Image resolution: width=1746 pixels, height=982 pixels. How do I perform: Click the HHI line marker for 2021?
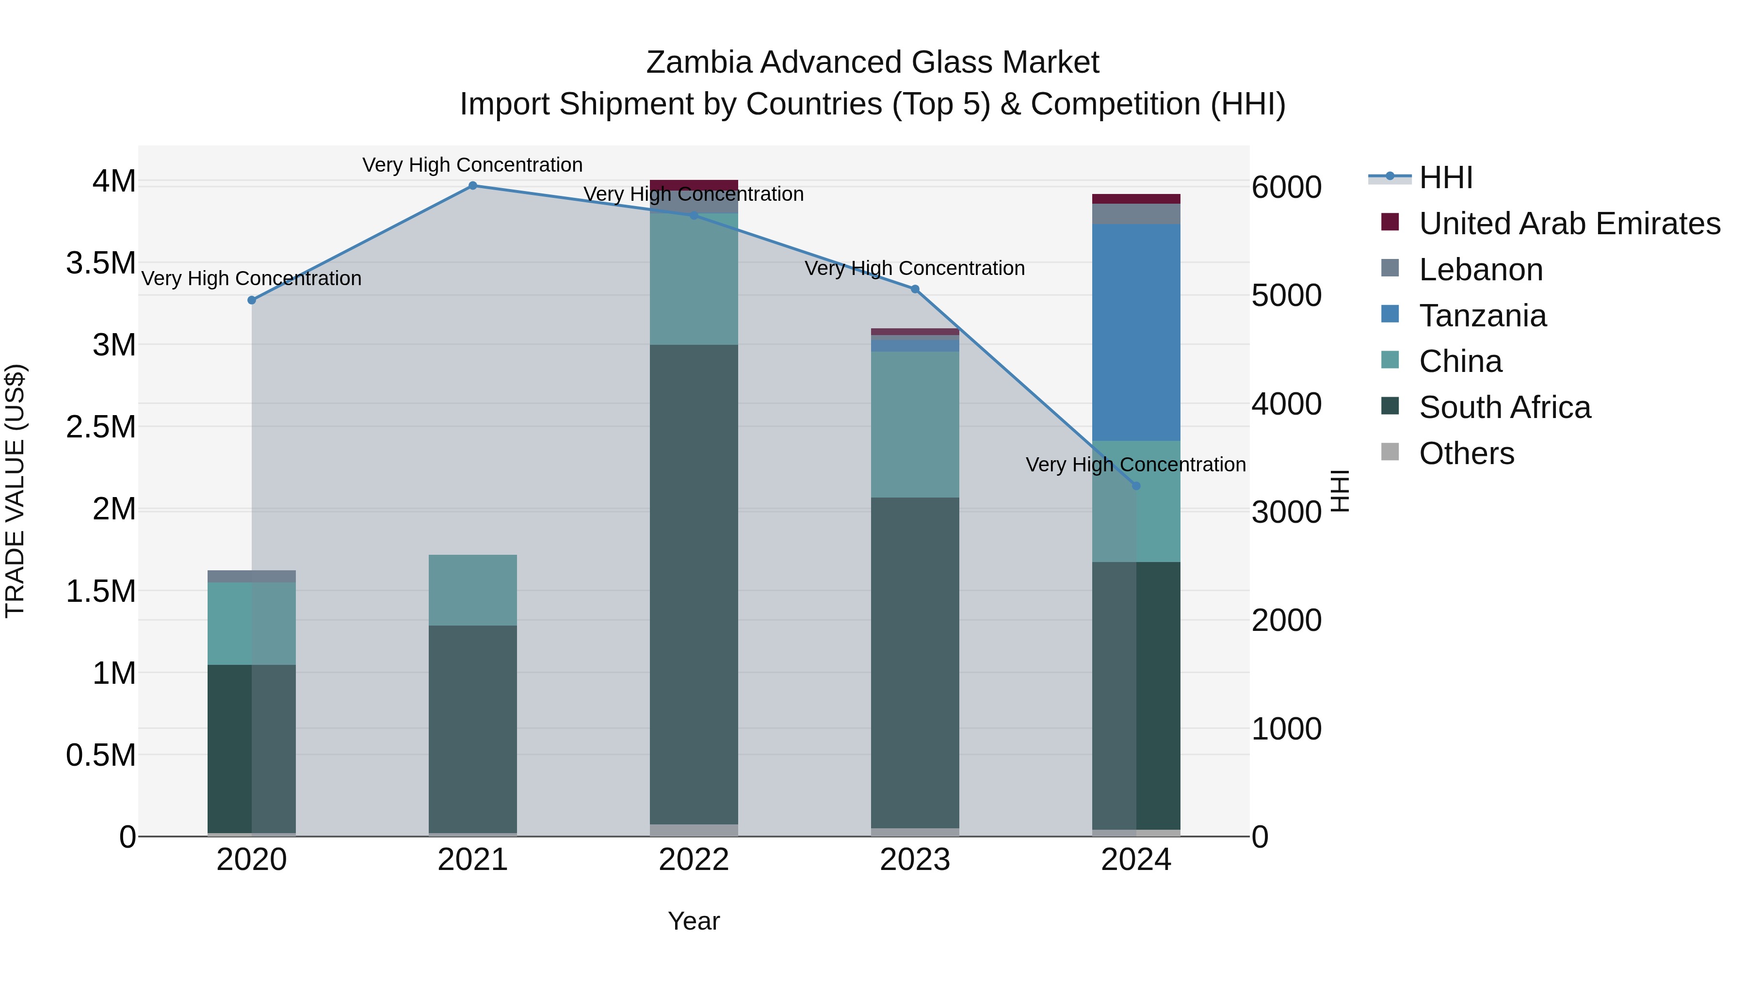[472, 185]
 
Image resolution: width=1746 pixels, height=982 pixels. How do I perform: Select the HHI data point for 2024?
[1136, 486]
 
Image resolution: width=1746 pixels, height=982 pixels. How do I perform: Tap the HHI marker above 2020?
[251, 300]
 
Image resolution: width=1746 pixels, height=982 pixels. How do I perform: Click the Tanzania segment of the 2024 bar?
[1136, 332]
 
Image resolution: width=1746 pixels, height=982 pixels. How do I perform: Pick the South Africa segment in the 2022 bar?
[694, 583]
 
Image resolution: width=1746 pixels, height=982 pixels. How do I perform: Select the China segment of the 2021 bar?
[472, 590]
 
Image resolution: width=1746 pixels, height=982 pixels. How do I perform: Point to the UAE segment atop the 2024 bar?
[1136, 198]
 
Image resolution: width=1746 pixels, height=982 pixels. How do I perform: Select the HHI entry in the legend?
[1445, 177]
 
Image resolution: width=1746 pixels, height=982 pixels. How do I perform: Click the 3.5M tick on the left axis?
[100, 263]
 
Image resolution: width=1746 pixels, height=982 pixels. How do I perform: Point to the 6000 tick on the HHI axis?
[1286, 187]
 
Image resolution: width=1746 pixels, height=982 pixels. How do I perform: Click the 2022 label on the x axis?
[694, 860]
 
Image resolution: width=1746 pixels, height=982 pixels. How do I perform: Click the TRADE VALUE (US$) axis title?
[15, 491]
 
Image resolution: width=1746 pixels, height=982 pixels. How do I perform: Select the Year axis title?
[694, 921]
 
